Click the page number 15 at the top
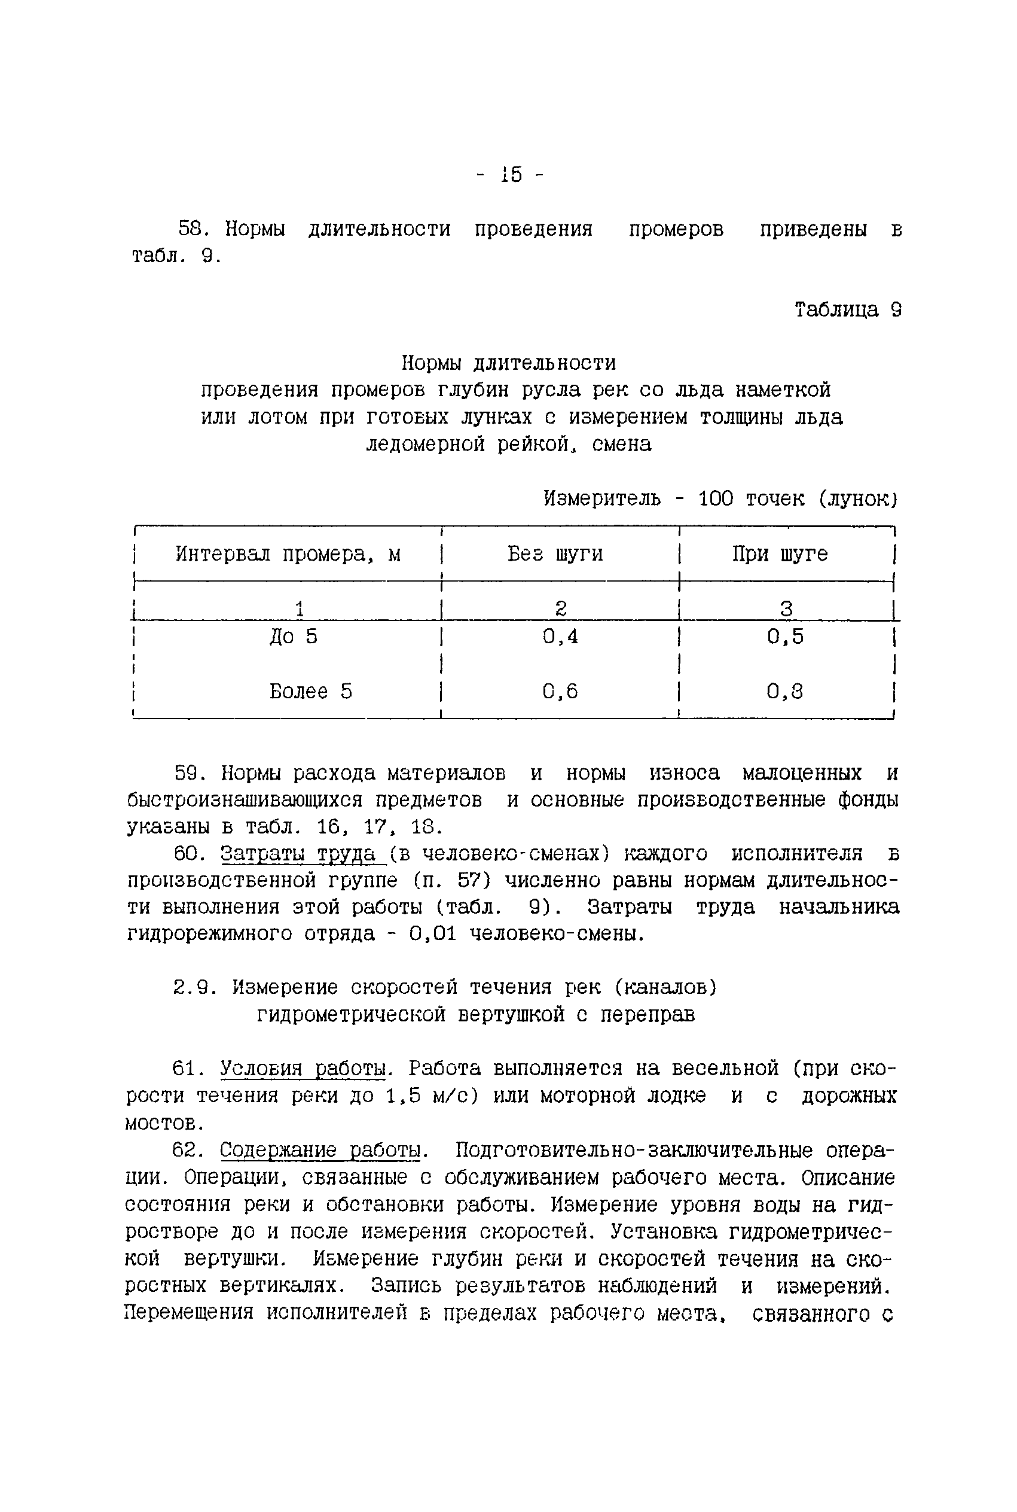click(x=511, y=175)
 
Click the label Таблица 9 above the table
click(x=848, y=310)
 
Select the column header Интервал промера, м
click(x=288, y=554)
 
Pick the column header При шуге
click(x=780, y=554)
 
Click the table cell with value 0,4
click(x=560, y=637)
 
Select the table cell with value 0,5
click(x=785, y=637)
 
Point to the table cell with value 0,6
click(x=560, y=692)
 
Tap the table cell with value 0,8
click(x=785, y=692)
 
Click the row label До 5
click(x=294, y=637)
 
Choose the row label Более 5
click(x=311, y=692)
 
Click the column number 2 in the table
click(x=561, y=609)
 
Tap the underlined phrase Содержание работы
click(x=320, y=1151)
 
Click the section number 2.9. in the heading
click(x=194, y=988)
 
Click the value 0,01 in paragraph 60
click(x=433, y=935)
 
